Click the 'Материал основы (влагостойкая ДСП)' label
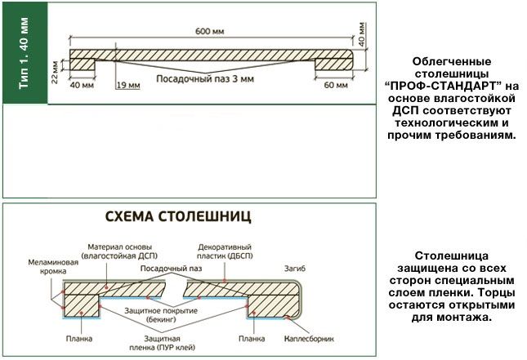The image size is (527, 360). (122, 251)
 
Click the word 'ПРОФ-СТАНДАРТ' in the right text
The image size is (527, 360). (451, 86)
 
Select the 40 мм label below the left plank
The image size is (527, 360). (80, 85)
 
